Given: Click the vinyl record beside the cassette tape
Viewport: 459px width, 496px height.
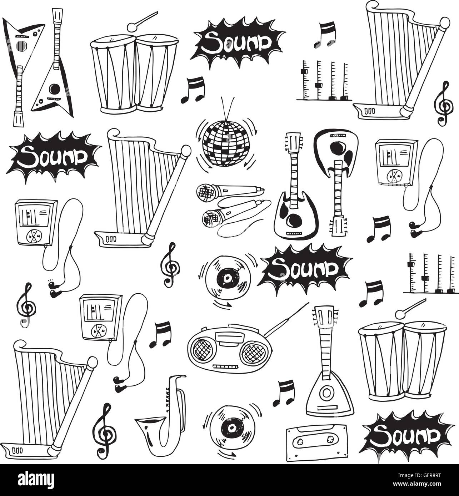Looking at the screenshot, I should [x=229, y=428].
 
